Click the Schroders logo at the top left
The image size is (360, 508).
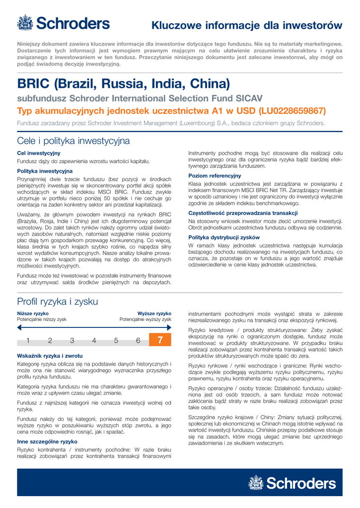pos(63,23)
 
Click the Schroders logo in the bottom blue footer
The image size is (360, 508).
pos(292,483)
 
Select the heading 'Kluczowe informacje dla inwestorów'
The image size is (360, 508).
pos(247,25)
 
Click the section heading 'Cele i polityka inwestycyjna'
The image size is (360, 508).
pos(73,140)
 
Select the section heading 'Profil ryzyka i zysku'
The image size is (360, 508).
pos(58,302)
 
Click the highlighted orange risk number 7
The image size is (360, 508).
pos(160,340)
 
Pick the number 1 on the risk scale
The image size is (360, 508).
pos(28,340)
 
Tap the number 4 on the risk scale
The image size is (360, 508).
pos(94,340)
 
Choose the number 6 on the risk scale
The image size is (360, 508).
pos(138,340)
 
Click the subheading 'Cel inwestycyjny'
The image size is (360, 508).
pos(39,153)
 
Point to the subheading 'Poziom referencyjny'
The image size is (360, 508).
pos(215,176)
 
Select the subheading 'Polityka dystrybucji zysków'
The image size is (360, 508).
pos(224,237)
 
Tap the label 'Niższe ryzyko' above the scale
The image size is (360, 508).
pos(33,314)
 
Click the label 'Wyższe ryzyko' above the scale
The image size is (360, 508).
pos(154,314)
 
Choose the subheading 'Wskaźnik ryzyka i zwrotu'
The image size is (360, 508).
pos(50,356)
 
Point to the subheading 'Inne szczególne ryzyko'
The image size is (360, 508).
pos(47,441)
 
